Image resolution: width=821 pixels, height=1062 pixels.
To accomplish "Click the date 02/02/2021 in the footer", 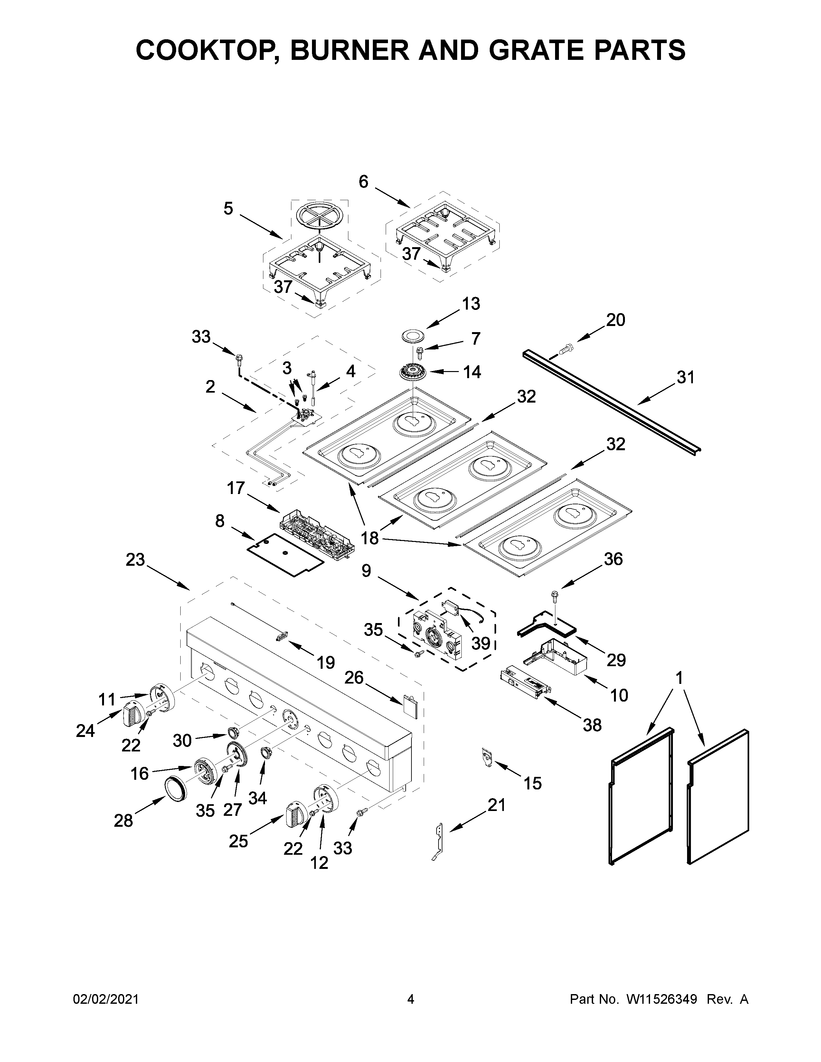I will pyautogui.click(x=106, y=999).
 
